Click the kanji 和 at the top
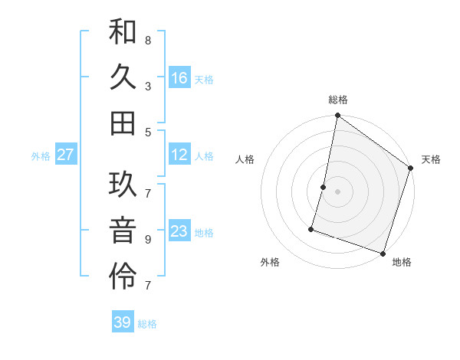123,32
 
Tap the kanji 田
123,123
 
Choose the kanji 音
123,231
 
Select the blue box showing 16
179,78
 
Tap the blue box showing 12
179,155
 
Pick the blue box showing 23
179,231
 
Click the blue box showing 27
66,155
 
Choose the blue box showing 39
123,322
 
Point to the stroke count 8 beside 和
147,39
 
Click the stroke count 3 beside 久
147,85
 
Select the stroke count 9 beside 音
147,239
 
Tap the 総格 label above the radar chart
337,100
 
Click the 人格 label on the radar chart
245,159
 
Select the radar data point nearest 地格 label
383,253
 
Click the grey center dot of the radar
337,191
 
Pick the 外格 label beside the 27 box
40,156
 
